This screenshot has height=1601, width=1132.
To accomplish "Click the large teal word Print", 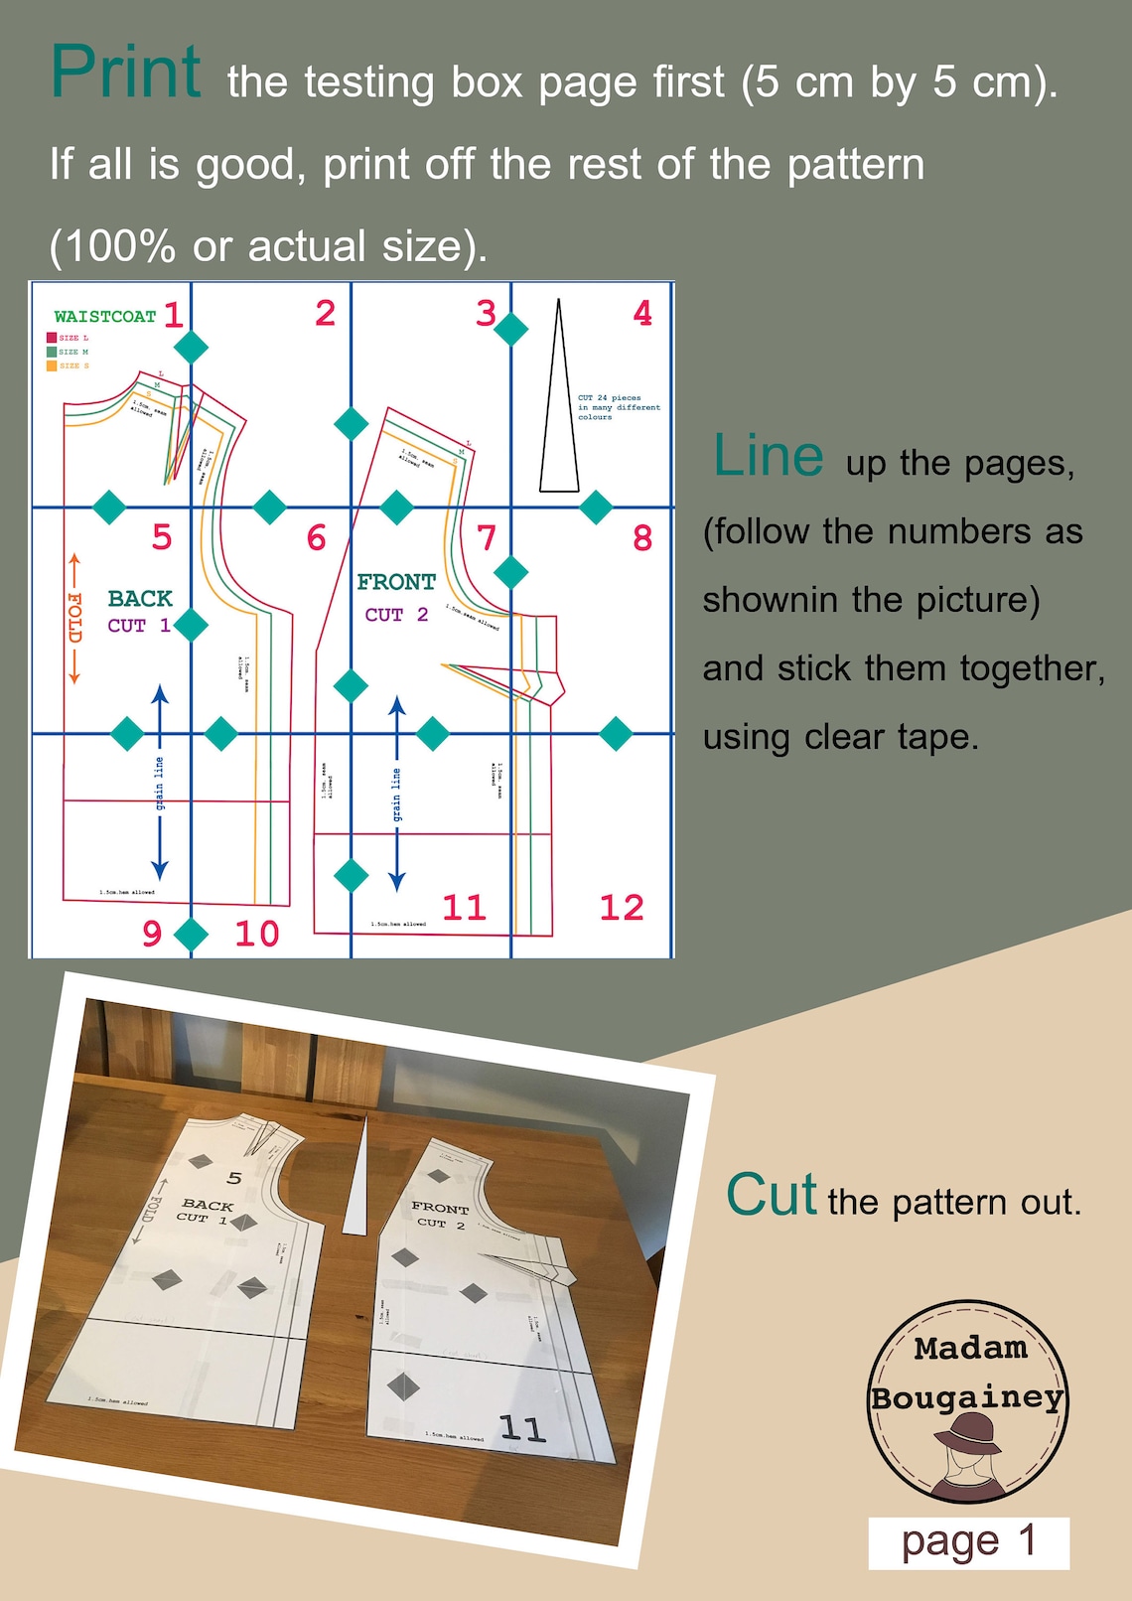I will coord(125,73).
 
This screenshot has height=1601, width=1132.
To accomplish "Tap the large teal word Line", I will coord(768,457).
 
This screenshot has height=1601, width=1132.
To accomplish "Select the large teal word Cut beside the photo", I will coord(772,1195).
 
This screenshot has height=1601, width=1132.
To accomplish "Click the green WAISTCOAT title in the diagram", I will coord(104,317).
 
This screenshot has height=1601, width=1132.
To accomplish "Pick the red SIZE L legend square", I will coord(52,338).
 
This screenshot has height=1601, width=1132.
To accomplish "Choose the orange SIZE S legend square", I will coord(52,365).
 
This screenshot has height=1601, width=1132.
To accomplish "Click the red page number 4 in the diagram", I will coord(642,314).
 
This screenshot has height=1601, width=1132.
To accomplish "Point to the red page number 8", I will coord(642,538).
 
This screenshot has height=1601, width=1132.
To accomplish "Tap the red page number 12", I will coord(622,907).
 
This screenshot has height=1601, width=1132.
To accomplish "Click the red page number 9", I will coord(151,934).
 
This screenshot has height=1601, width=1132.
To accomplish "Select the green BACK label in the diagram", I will coord(140,598).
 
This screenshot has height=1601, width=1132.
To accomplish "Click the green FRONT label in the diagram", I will coord(396,582).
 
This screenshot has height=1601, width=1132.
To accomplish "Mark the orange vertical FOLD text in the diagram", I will coord(74,618).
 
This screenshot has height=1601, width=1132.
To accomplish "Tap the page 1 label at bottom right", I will coord(968,1542).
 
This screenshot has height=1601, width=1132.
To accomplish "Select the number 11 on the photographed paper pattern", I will coord(522,1428).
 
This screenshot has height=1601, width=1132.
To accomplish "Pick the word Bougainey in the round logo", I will coord(967,1397).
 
